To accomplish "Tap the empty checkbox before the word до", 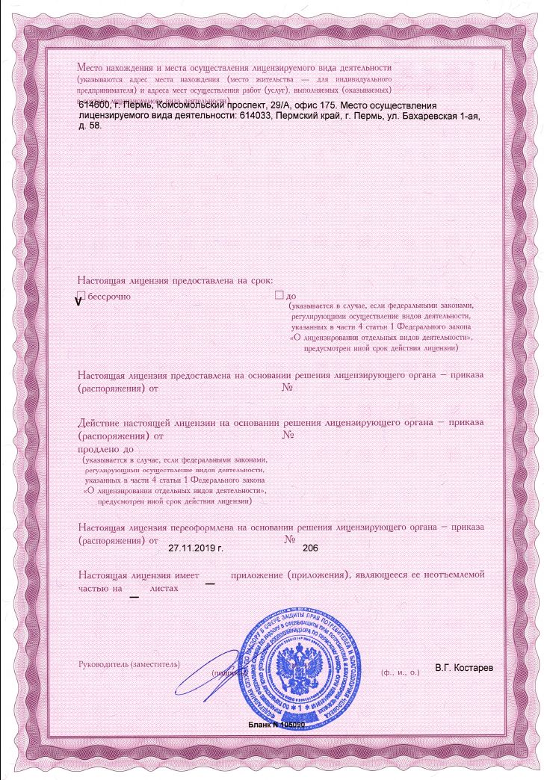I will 279,296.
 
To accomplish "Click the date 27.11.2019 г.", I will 197,548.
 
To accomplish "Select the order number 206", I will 310,548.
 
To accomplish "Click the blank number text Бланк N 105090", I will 276,725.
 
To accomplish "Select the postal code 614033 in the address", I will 259,117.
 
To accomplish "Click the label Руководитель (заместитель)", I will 129,663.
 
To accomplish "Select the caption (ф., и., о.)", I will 401,672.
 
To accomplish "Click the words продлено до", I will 105,450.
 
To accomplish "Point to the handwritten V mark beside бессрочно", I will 78,302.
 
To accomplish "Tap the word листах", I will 165,589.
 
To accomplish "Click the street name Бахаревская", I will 422,117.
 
